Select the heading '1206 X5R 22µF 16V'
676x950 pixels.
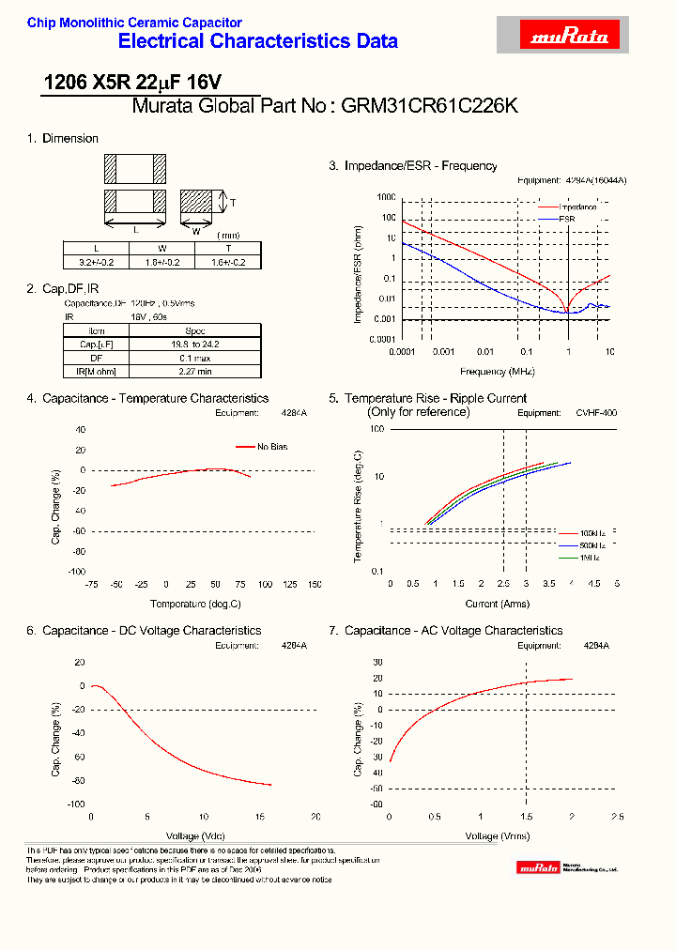tap(133, 83)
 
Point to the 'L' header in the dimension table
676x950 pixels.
tap(96, 249)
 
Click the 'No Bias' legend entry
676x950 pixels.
tap(272, 447)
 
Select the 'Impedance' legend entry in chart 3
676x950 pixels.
tap(579, 207)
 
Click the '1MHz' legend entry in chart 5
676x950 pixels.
tap(591, 558)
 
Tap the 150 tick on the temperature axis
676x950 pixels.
tap(315, 584)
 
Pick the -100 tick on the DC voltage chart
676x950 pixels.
tap(75, 804)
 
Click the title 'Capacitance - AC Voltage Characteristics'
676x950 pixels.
tap(453, 631)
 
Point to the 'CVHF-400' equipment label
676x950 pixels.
tap(596, 412)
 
